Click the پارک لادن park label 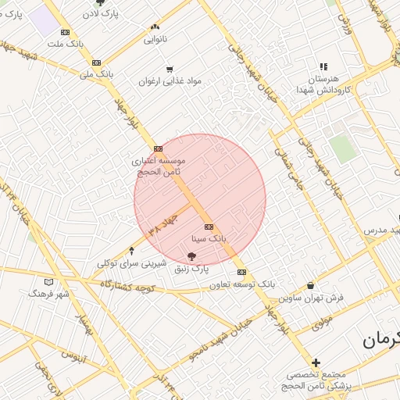pos(104,15)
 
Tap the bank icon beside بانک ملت pos(65,32)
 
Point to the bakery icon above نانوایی pos(155,26)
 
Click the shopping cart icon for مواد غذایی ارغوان pos(170,70)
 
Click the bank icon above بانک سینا pos(209,227)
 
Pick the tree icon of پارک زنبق pos(192,255)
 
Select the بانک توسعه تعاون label pos(241,284)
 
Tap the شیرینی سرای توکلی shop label pos(130,263)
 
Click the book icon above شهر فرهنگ pos(49,281)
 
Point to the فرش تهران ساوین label pos(312,298)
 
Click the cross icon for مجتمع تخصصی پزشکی pos(316,362)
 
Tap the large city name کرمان pos(380,340)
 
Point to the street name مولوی pos(322,320)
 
